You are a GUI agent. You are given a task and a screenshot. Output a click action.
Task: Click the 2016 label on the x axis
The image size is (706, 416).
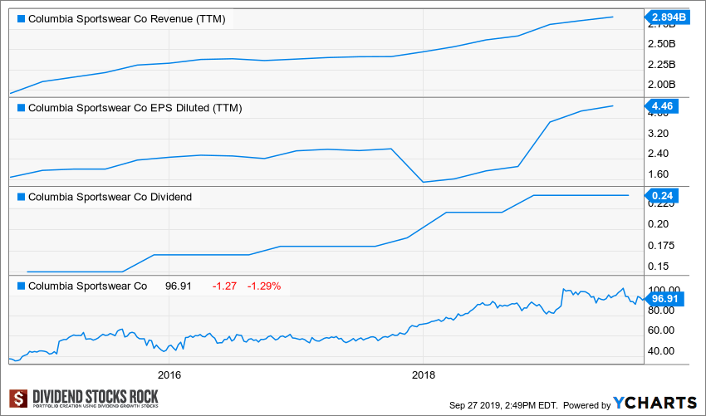169,374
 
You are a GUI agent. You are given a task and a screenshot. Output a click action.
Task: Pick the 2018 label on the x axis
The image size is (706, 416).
424,374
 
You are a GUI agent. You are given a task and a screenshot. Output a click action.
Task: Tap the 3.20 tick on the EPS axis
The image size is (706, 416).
658,133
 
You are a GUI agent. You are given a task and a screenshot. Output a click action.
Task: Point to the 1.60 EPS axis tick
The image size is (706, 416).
658,174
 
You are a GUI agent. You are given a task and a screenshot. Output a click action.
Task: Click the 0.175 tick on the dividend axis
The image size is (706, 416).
660,245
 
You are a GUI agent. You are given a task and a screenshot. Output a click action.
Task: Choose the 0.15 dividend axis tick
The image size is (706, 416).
658,266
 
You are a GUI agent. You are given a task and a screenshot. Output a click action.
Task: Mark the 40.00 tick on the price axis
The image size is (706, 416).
660,350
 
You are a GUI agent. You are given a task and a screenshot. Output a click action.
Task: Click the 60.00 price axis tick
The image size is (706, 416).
660,330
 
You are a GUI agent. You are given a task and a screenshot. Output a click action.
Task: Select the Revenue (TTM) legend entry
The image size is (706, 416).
126,18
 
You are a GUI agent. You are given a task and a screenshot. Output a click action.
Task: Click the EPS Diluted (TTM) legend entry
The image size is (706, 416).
135,107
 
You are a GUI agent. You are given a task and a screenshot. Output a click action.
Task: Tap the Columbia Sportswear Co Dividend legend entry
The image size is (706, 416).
110,197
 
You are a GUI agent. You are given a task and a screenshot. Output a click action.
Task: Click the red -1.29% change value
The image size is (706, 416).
265,286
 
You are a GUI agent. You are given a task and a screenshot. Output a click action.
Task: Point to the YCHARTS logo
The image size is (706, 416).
655,403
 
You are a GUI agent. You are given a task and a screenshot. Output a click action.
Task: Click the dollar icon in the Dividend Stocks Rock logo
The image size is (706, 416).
17,399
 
